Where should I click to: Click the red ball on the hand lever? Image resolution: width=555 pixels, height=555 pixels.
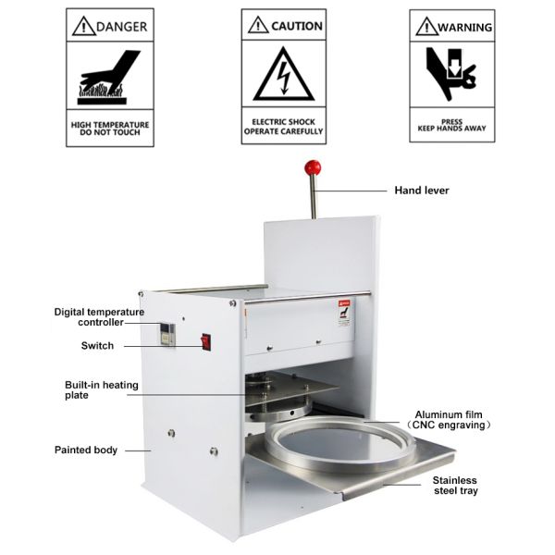point(313,167)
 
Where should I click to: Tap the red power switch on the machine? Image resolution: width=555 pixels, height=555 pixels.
point(206,341)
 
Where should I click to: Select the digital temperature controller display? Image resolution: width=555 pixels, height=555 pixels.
point(167,334)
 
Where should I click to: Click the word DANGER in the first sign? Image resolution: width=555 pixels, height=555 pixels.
point(121,27)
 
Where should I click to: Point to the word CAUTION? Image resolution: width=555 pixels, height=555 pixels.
point(297,26)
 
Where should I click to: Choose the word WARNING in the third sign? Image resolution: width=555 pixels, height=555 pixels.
point(464,27)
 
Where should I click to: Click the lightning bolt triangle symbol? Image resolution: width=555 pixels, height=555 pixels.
point(284,75)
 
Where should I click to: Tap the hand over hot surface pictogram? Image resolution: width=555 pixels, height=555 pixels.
point(108,77)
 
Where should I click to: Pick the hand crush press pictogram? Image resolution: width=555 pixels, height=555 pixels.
point(450,74)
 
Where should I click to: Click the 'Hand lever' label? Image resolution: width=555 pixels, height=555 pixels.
point(422,191)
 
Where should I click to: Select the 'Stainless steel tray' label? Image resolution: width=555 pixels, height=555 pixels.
point(455,486)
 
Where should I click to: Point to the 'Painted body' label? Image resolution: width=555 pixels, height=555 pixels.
point(86,450)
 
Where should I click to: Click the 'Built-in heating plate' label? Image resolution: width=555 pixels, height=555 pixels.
point(101,389)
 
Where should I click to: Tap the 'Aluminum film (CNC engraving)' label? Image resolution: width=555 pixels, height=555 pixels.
point(449,419)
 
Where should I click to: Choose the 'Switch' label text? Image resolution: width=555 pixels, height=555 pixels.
point(97,345)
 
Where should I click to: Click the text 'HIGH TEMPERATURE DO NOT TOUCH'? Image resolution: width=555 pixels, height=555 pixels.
point(110,129)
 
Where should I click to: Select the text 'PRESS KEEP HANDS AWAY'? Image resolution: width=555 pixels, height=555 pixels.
point(452,125)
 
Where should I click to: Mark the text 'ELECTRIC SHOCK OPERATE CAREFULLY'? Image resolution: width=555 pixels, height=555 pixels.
point(284,127)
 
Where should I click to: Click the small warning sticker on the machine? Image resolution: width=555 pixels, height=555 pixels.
point(344,313)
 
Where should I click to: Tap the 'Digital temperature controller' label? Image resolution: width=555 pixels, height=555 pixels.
point(99,317)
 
